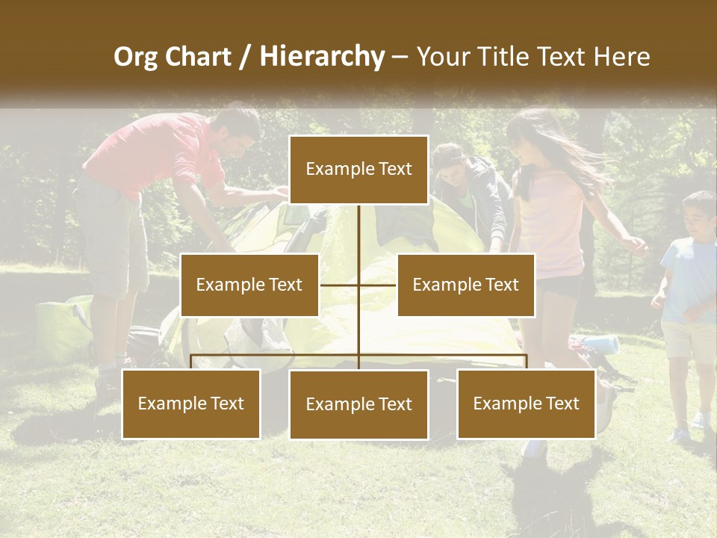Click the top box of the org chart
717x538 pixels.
(358, 170)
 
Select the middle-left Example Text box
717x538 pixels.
(249, 285)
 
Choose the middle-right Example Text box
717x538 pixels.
(465, 285)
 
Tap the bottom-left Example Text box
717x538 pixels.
(191, 403)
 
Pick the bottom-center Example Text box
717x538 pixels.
(358, 404)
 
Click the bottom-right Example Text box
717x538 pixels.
(527, 403)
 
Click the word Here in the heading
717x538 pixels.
(622, 57)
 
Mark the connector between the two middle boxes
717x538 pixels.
(358, 285)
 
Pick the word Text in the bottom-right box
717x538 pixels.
(562, 403)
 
